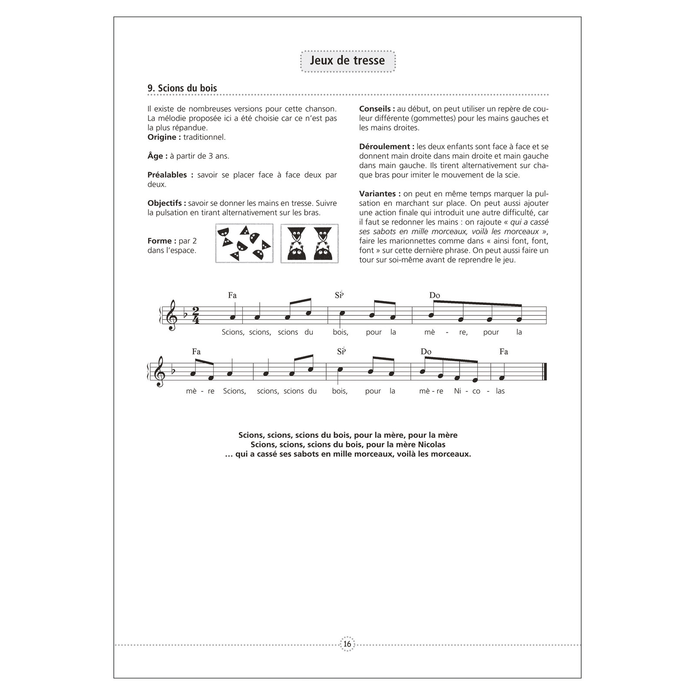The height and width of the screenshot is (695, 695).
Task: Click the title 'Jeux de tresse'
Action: pyautogui.click(x=347, y=60)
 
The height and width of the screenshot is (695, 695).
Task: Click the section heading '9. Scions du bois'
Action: pyautogui.click(x=182, y=88)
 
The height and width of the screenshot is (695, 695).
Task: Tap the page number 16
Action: pyautogui.click(x=347, y=644)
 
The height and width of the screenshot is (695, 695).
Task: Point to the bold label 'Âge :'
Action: pyautogui.click(x=157, y=156)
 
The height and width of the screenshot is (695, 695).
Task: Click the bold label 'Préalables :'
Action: pyautogui.click(x=167, y=175)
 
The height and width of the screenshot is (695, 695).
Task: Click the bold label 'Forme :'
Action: pyautogui.click(x=162, y=241)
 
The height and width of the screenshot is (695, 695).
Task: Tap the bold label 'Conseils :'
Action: pyautogui.click(x=377, y=109)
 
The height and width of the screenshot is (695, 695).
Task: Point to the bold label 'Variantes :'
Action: pyautogui.click(x=380, y=194)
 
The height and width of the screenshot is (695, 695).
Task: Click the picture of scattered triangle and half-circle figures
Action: pyautogui.click(x=244, y=243)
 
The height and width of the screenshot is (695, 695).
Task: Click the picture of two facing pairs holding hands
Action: pyautogui.click(x=309, y=243)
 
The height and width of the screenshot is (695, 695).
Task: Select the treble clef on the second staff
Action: pyautogui.click(x=160, y=372)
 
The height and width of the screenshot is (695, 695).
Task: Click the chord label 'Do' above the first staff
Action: pyautogui.click(x=434, y=295)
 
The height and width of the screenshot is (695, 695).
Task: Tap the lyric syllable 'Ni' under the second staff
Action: pyautogui.click(x=457, y=391)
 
